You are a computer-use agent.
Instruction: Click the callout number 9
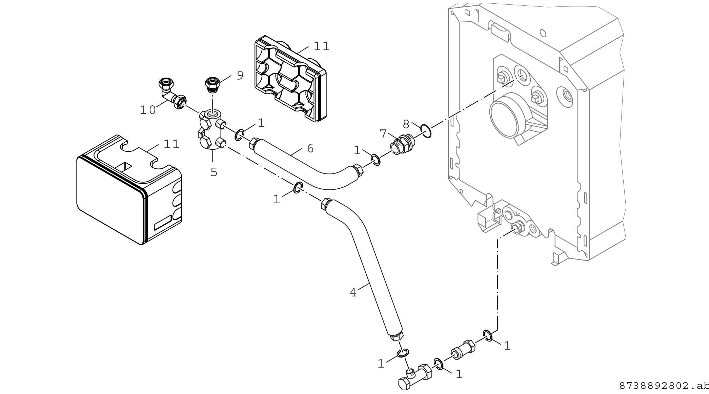[240, 75]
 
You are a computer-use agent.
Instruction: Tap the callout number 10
[148, 110]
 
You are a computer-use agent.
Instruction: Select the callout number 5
[214, 172]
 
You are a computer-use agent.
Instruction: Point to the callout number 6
[310, 148]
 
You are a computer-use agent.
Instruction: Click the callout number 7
[383, 134]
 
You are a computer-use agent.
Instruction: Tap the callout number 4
[353, 293]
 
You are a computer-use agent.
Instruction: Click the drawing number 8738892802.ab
[664, 386]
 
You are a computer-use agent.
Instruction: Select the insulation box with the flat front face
[129, 190]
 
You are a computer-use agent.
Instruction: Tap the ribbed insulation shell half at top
[290, 79]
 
